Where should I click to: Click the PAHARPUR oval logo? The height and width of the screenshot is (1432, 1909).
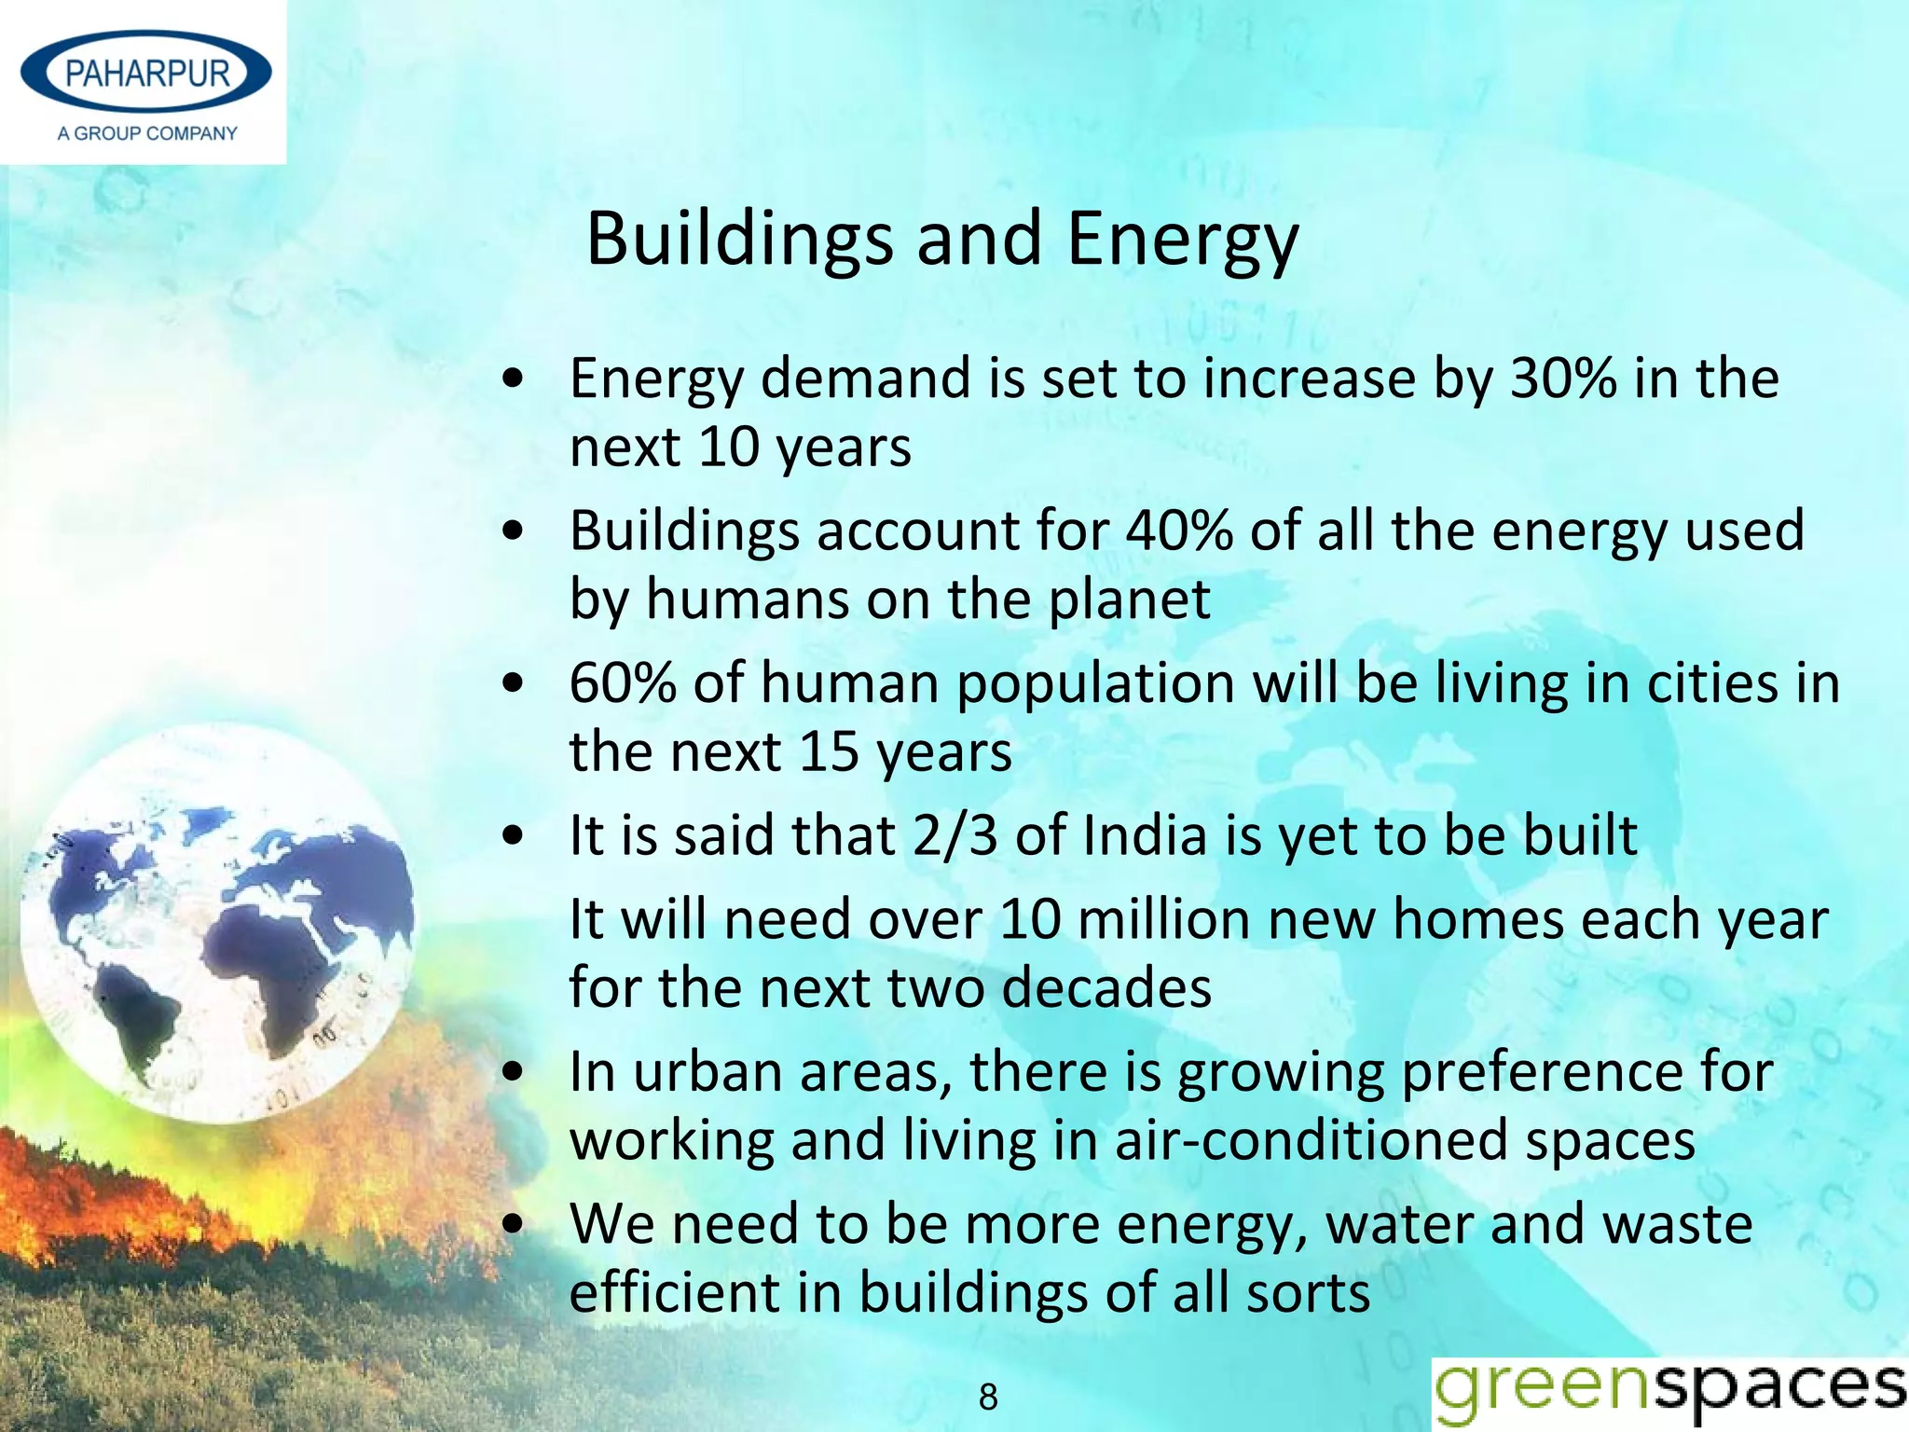click(146, 73)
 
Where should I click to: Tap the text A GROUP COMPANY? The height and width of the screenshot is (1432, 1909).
click(147, 133)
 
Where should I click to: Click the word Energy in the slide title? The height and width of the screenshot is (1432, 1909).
click(1182, 240)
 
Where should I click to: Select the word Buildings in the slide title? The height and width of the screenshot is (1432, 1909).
click(739, 240)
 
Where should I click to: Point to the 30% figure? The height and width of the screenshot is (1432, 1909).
click(1563, 379)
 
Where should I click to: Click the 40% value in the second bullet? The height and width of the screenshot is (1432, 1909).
click(1179, 531)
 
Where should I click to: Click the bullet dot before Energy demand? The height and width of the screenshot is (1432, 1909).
click(512, 379)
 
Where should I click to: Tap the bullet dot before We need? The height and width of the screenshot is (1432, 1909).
click(512, 1225)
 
